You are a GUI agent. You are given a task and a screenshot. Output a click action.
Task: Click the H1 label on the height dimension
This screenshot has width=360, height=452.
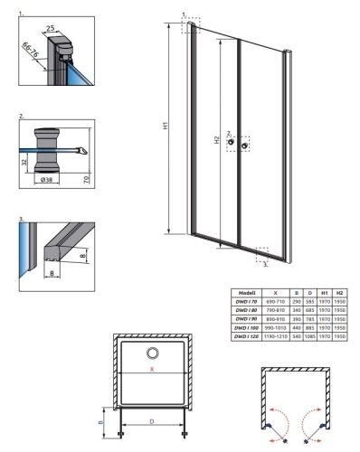tap(167, 127)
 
